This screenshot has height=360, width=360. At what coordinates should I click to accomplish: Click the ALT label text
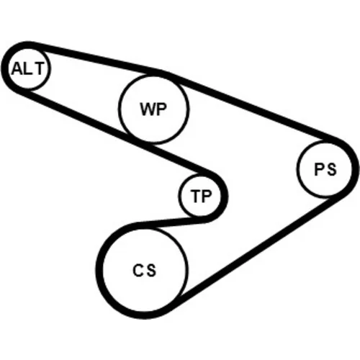coord(28,68)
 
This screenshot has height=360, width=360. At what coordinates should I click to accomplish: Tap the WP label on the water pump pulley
coord(153,109)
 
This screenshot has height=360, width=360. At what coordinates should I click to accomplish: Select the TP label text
coord(201,196)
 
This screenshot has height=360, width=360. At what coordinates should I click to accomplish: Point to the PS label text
coord(325,169)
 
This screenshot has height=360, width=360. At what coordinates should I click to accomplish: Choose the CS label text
coord(145,270)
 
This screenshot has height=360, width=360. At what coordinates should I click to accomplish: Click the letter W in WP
coord(148,109)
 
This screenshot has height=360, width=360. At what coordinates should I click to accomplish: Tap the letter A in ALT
coord(17,68)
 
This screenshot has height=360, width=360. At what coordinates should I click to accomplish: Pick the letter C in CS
coord(138,270)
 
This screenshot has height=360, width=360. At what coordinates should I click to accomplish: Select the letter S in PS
coord(332,169)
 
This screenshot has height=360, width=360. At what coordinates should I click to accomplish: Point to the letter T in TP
coord(196,196)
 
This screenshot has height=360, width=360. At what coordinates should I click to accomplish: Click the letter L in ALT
coord(27,68)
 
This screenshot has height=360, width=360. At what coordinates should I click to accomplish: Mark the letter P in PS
coord(320,169)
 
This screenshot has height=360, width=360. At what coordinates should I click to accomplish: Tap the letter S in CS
coord(151,270)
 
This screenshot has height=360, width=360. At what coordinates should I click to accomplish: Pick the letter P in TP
coord(207,196)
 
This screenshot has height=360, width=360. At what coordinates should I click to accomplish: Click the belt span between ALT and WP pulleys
coord(96,58)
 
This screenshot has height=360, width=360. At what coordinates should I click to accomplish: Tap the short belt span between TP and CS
coord(171,222)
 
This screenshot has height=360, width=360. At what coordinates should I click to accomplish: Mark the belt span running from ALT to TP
coord(113,132)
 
